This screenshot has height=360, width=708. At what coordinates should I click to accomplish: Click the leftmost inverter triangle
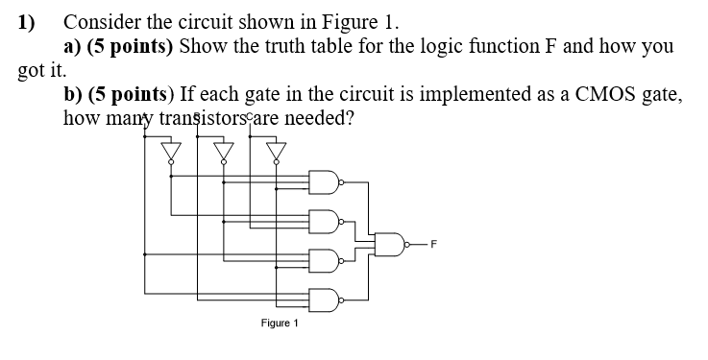[x=172, y=152]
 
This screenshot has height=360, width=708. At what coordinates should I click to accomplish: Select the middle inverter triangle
[x=224, y=152]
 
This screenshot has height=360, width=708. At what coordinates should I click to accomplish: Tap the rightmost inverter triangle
[x=276, y=152]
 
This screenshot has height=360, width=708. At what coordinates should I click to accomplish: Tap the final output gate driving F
[x=390, y=243]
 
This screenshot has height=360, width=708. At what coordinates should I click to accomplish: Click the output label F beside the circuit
[x=434, y=244]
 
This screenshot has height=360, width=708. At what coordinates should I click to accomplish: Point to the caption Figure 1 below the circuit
[x=280, y=324]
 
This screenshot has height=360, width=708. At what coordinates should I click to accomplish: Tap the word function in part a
[x=520, y=46]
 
